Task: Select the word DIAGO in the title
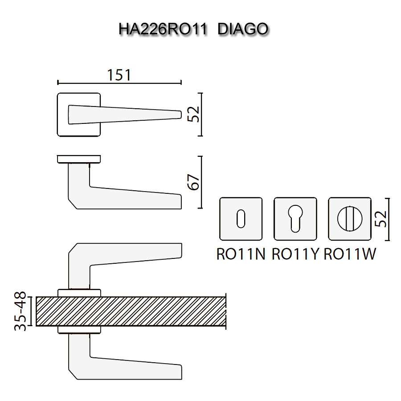click(x=244, y=29)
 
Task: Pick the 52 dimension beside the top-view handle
click(x=193, y=114)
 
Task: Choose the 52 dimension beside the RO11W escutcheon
click(x=381, y=219)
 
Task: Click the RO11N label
click(x=241, y=254)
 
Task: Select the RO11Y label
click(x=295, y=254)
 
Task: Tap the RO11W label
click(x=350, y=254)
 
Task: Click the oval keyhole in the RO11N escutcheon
click(x=241, y=219)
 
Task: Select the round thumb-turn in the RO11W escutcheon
click(x=350, y=219)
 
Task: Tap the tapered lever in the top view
click(x=125, y=114)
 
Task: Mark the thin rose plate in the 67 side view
click(x=79, y=159)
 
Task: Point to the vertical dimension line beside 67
click(x=202, y=182)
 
